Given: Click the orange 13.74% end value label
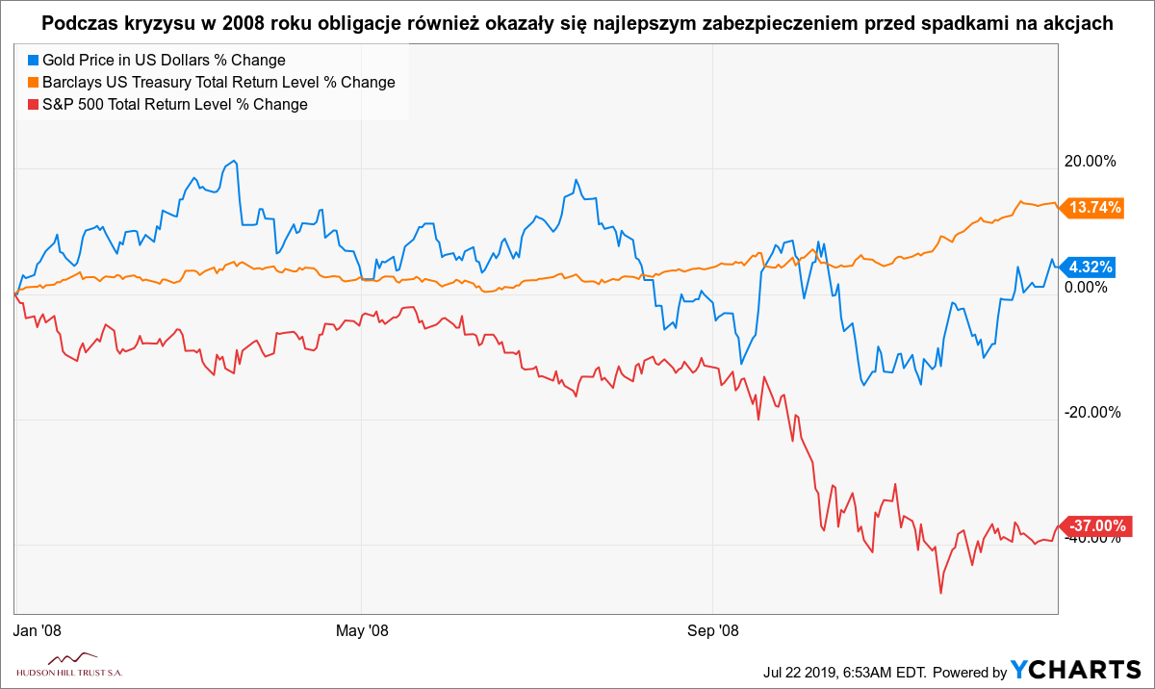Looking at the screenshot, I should click(x=1095, y=208).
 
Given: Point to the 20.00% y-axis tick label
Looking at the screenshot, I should click(x=1089, y=161).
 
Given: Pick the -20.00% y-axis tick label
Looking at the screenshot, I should click(x=1091, y=412).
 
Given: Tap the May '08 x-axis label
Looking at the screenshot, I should click(x=361, y=630).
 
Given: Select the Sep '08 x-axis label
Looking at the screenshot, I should click(x=712, y=630).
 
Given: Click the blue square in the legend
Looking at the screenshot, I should click(x=34, y=61).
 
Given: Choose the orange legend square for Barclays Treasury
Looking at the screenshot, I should click(x=34, y=83).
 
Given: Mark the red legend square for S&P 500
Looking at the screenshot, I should click(x=34, y=105).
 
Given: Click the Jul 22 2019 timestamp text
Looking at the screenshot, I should click(x=848, y=672).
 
